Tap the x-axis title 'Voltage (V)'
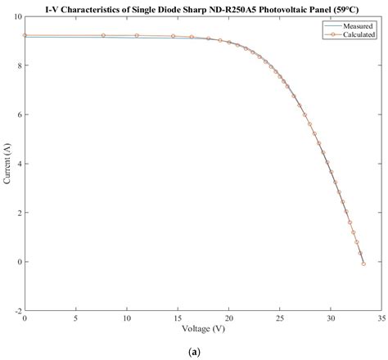coord(203,331)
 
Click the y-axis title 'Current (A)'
coord(7,164)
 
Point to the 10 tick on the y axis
coord(18,16)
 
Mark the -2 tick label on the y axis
coord(18,312)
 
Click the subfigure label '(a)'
coord(194,352)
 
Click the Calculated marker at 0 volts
coord(25,35)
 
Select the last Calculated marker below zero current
coord(363,263)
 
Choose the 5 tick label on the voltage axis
coord(76,319)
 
